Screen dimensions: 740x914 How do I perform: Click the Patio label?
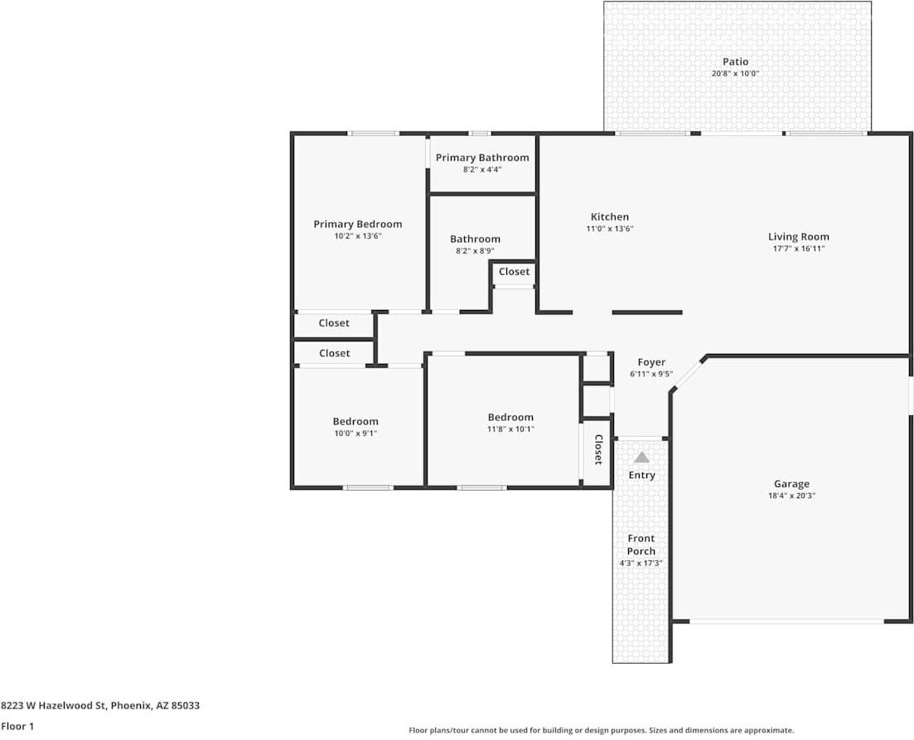click(735, 61)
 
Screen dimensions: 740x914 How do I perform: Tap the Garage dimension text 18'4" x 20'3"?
click(791, 496)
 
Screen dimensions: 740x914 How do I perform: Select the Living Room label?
click(798, 236)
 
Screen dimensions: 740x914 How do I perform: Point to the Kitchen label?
click(609, 217)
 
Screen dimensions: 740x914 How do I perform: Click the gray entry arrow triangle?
click(641, 457)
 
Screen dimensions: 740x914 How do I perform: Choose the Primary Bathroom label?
click(482, 157)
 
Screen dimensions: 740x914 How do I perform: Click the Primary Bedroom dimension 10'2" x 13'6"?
click(357, 236)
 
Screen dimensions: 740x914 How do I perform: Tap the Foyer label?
click(651, 362)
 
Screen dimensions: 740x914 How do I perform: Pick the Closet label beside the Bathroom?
click(514, 272)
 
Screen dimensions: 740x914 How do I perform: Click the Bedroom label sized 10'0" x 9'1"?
click(355, 421)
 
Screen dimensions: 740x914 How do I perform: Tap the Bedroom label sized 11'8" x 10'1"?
click(510, 417)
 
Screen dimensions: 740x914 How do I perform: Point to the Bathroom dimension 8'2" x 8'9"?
click(475, 250)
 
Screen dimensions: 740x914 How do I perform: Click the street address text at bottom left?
click(100, 706)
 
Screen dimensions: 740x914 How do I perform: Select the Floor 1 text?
click(17, 726)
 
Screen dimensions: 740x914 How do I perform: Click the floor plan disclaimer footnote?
click(601, 730)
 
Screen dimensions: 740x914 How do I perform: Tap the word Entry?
click(641, 475)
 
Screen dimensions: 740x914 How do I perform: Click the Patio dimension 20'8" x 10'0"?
click(735, 74)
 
